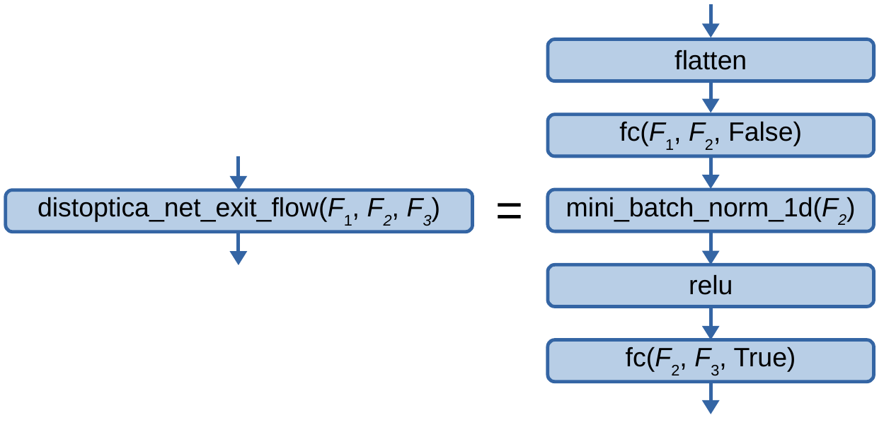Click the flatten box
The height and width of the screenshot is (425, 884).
click(711, 60)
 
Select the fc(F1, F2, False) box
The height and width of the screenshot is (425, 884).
click(711, 134)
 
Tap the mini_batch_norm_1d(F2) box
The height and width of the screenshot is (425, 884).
click(711, 210)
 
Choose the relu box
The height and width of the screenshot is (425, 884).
click(711, 286)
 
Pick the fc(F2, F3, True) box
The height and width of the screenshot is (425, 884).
click(711, 360)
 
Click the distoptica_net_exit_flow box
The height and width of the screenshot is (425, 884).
click(239, 210)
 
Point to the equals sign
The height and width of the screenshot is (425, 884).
click(509, 211)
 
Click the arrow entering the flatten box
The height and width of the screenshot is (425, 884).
click(711, 21)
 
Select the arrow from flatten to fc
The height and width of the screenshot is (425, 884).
click(711, 98)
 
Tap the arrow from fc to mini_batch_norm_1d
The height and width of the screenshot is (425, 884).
click(711, 173)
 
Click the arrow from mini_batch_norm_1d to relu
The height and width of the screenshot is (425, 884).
click(711, 248)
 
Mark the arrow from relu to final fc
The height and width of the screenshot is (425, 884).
click(711, 323)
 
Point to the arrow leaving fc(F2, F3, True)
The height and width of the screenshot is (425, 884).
click(711, 399)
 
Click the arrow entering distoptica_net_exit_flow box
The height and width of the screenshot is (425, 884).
click(239, 173)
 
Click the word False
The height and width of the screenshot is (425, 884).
click(764, 133)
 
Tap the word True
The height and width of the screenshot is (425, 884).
click(764, 359)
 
